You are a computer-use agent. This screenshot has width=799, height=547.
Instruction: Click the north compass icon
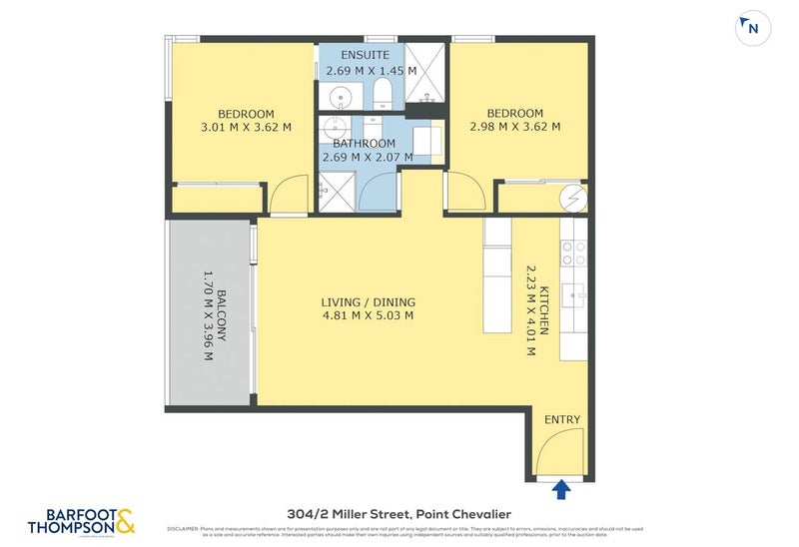(x=752, y=29)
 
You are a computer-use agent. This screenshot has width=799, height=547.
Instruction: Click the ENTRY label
(x=561, y=419)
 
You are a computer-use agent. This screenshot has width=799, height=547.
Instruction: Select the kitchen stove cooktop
(x=573, y=254)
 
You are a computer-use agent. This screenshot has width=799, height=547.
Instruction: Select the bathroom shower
(x=339, y=191)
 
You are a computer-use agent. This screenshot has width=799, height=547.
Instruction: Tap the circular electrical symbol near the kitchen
(x=572, y=198)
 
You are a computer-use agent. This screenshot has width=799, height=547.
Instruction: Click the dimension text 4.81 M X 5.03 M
(x=368, y=316)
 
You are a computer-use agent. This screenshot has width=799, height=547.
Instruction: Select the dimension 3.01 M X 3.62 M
(x=246, y=127)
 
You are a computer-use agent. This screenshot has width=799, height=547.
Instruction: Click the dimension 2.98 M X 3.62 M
(x=514, y=127)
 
